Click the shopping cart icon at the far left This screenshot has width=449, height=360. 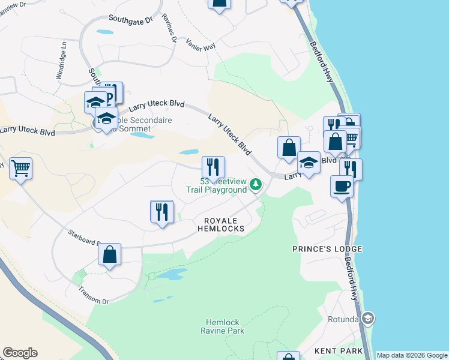tap(20, 169)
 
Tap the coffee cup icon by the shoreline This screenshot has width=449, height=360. tap(342, 186)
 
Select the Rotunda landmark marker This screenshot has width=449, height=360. tap(369, 317)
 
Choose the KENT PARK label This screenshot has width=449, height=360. tap(339, 350)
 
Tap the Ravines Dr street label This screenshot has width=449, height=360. tap(167, 29)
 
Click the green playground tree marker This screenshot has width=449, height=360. tap(256, 184)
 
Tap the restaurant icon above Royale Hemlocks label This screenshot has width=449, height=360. tap(162, 212)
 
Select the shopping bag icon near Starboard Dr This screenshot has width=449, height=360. tap(110, 254)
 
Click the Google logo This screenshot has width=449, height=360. tap(20, 353)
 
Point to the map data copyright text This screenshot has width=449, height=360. tap(412, 355)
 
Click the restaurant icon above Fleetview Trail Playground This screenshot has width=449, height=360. tap(213, 167)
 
